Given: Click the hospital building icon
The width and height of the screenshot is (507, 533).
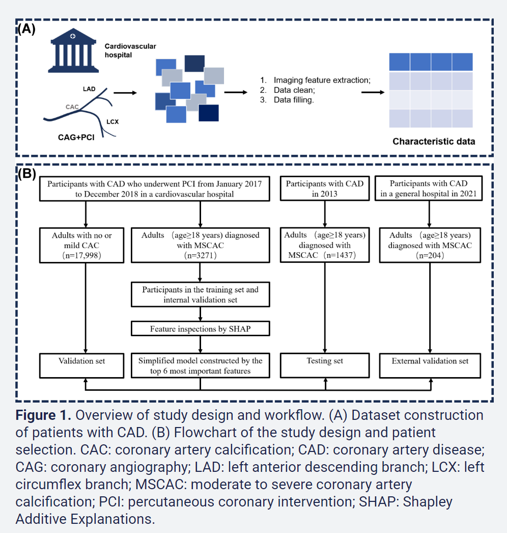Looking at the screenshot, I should [x=74, y=49].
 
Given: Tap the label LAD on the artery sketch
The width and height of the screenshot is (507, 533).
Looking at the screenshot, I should [x=89, y=89].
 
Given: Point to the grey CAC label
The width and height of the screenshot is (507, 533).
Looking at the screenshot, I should [x=73, y=107].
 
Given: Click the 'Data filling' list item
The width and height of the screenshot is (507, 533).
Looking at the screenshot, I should [x=294, y=100].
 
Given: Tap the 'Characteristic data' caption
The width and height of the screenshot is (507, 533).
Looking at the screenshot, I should [x=434, y=141].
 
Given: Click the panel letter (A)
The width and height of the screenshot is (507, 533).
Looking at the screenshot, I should [x=26, y=29].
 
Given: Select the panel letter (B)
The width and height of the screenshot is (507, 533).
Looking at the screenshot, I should [x=26, y=174].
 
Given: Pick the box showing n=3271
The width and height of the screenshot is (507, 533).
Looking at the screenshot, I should [x=200, y=245].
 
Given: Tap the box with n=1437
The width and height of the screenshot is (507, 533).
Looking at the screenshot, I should [x=325, y=245].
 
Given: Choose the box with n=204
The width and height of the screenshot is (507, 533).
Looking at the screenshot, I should [x=430, y=245].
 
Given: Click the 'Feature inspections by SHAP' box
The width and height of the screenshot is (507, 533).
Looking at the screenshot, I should [x=200, y=329].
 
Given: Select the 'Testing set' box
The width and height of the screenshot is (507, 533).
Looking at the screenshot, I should [x=325, y=361].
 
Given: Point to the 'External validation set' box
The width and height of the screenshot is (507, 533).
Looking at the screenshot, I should [x=430, y=361].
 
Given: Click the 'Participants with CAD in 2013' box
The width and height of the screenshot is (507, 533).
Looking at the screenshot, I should [x=325, y=189].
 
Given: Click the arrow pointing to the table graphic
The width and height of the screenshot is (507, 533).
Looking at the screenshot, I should [x=373, y=93].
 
